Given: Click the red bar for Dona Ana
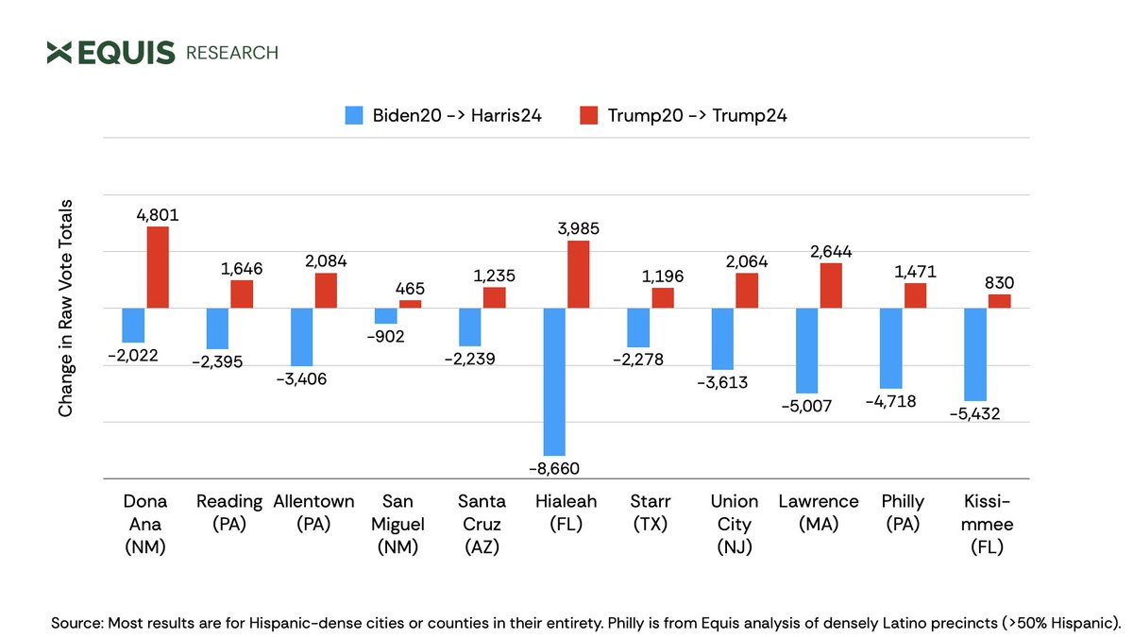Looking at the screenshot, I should [x=158, y=267].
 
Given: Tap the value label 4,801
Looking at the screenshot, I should [x=158, y=215].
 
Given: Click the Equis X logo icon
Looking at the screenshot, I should [x=59, y=53].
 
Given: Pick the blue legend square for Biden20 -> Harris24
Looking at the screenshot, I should [x=354, y=116].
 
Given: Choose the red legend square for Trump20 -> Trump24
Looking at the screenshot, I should [x=589, y=116].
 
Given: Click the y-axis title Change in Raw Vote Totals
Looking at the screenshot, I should [x=66, y=307].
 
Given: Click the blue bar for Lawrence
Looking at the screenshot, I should [x=807, y=350].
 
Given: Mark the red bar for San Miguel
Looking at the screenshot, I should [x=411, y=304].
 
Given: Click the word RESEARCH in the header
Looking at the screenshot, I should [x=232, y=53].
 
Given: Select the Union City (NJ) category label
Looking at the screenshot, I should [x=734, y=523].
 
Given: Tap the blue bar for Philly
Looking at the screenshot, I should [x=891, y=348].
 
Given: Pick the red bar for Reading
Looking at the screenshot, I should [x=243, y=293].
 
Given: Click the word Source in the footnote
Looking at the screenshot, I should [x=76, y=623].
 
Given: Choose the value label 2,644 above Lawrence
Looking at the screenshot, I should [x=832, y=251].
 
